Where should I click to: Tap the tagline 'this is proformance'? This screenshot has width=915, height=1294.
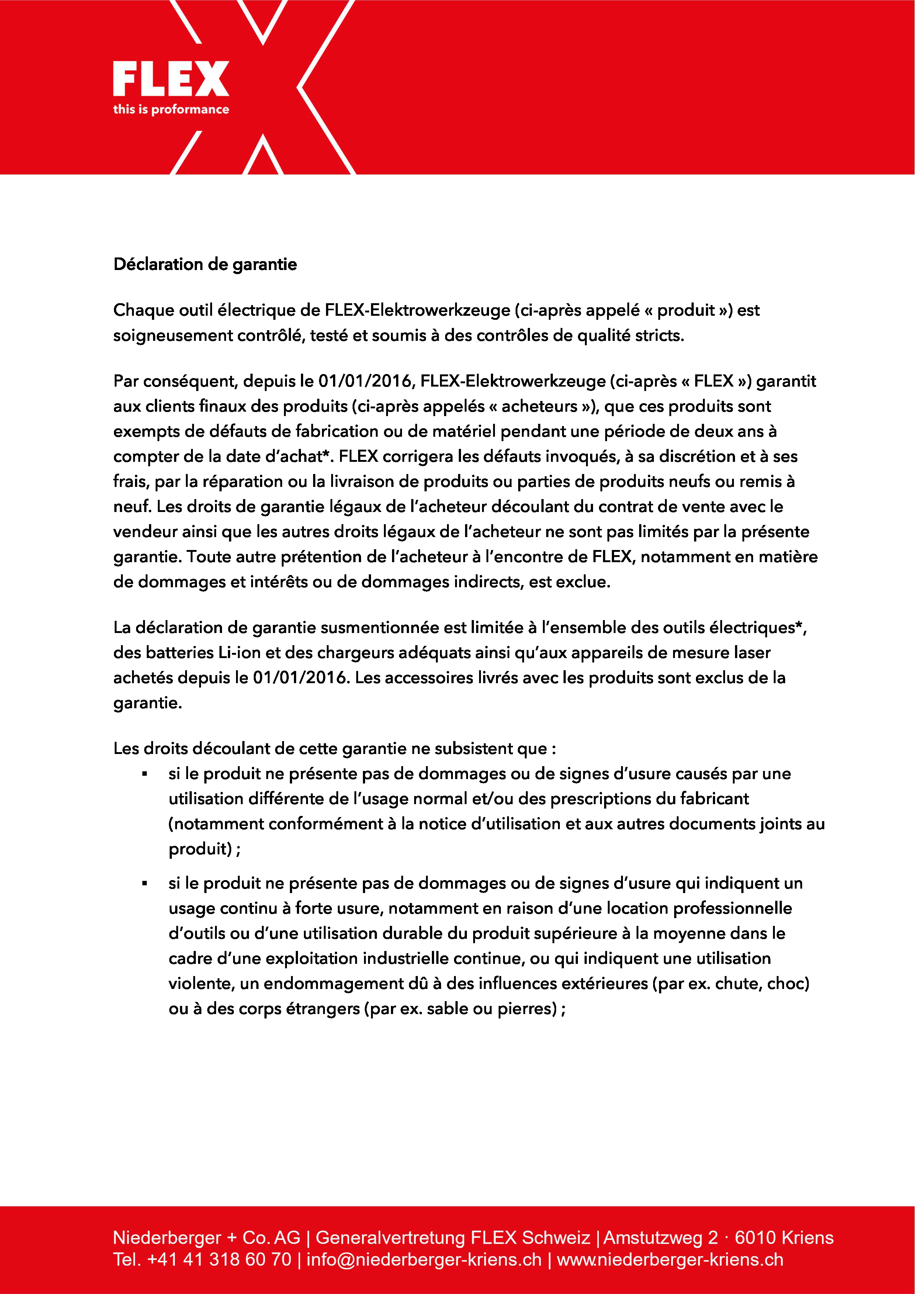[171, 109]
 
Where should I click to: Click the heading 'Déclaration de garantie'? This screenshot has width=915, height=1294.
[205, 264]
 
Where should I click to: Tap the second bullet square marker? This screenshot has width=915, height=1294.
[145, 884]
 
